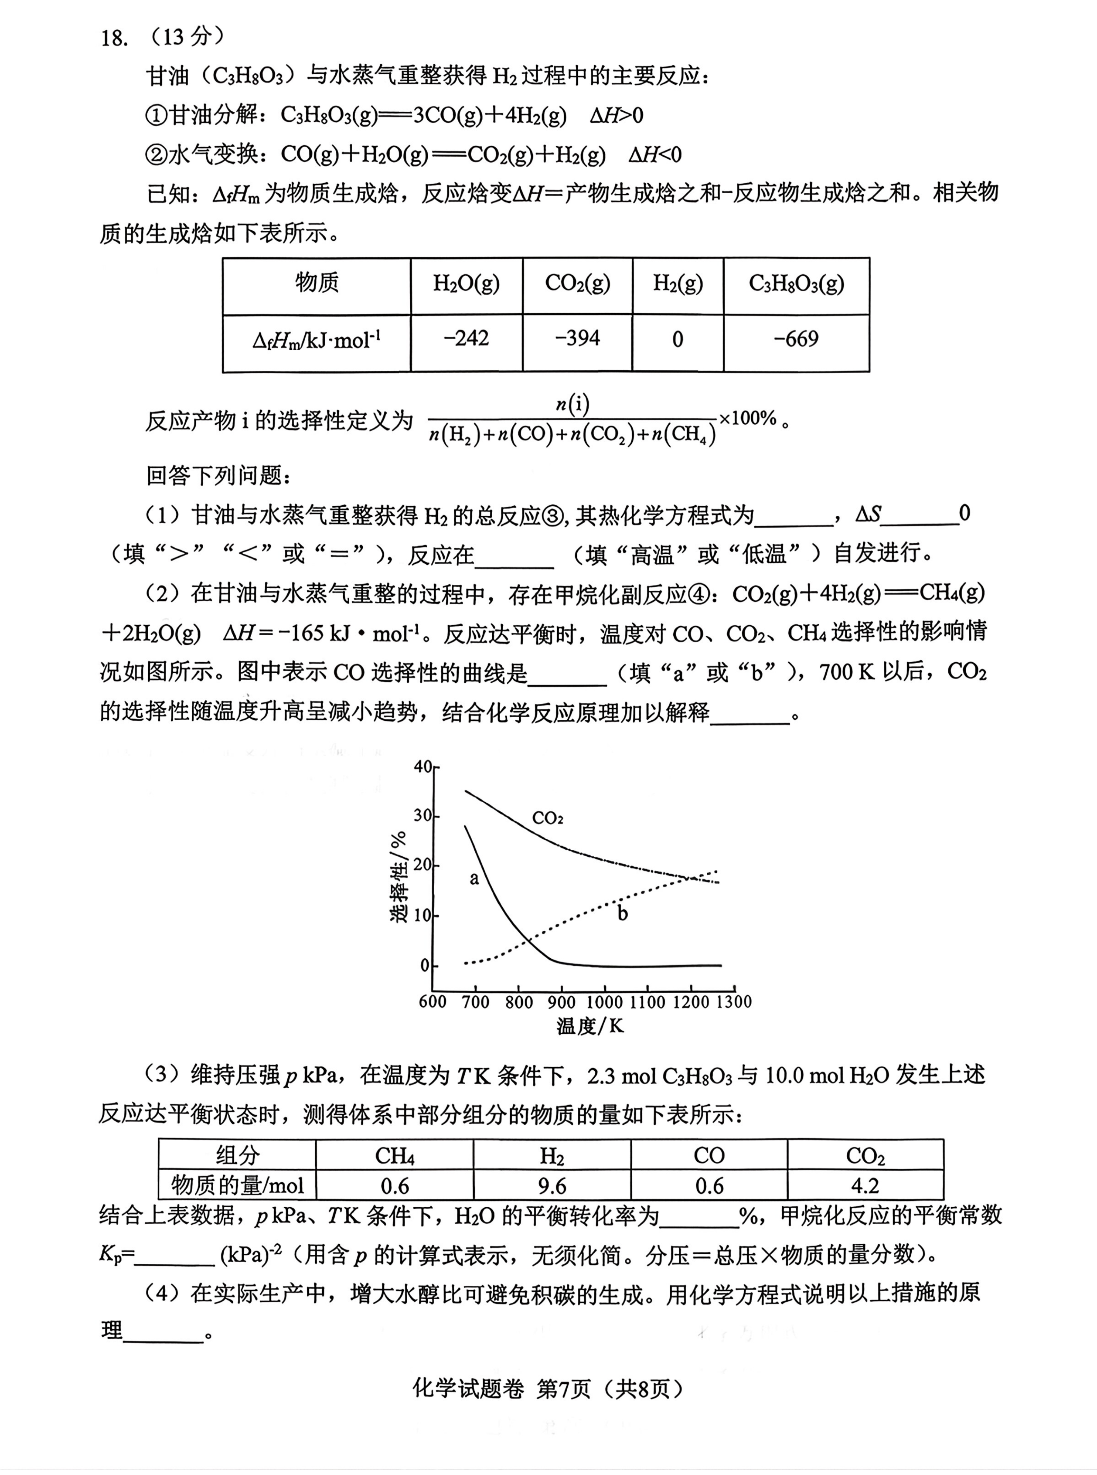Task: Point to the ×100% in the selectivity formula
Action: [x=748, y=418]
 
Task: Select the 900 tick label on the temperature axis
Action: [x=562, y=1002]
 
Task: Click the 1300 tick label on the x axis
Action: [x=734, y=1002]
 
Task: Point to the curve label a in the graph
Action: [x=474, y=879]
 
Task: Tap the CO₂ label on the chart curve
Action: [x=548, y=818]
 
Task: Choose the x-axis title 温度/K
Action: [x=590, y=1027]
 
